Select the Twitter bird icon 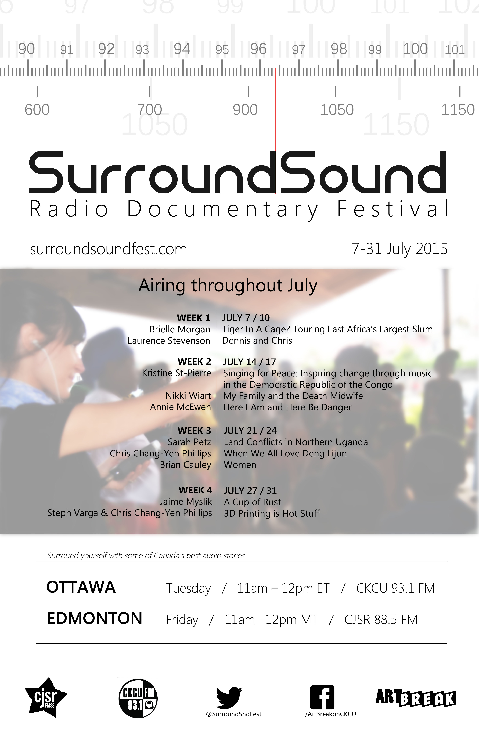(229, 697)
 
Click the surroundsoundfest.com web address (109, 249)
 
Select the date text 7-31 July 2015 (399, 249)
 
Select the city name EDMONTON (94, 618)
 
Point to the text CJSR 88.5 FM (381, 619)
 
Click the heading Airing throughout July (228, 285)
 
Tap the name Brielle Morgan (180, 329)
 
